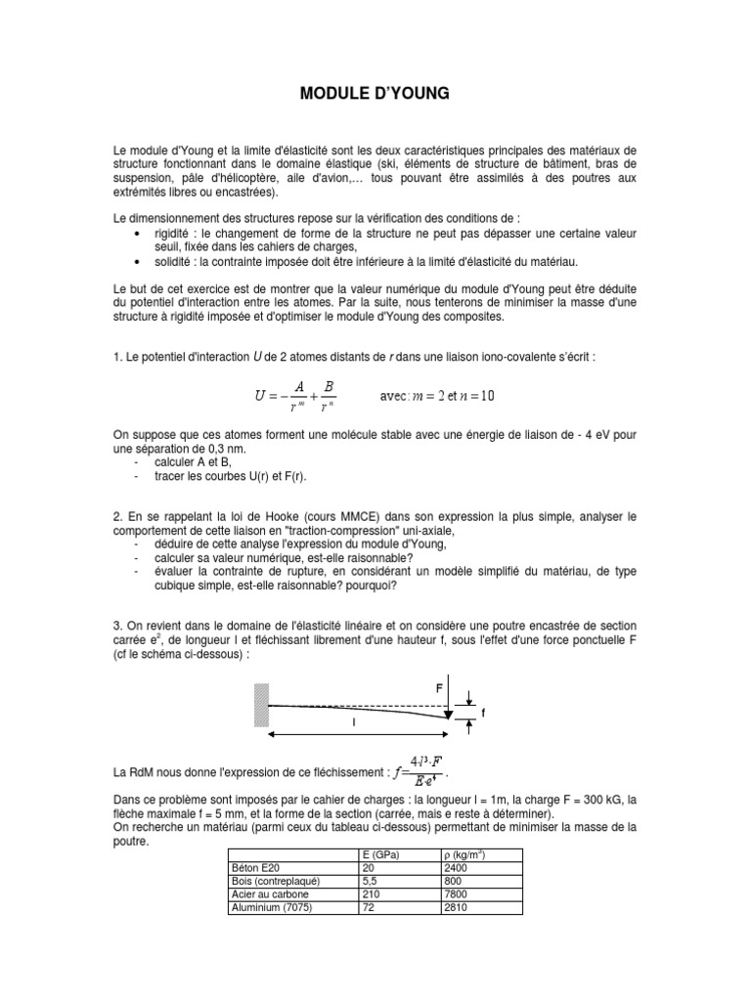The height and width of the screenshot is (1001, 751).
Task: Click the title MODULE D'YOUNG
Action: pos(375,95)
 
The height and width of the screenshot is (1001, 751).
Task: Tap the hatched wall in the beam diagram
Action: pos(260,704)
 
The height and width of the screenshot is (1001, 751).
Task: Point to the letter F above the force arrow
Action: pos(439,688)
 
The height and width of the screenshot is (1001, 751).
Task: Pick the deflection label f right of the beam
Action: pos(483,713)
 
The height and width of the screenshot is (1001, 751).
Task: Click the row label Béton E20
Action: pos(255,868)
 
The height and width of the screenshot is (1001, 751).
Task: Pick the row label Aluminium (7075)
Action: pos(269,907)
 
